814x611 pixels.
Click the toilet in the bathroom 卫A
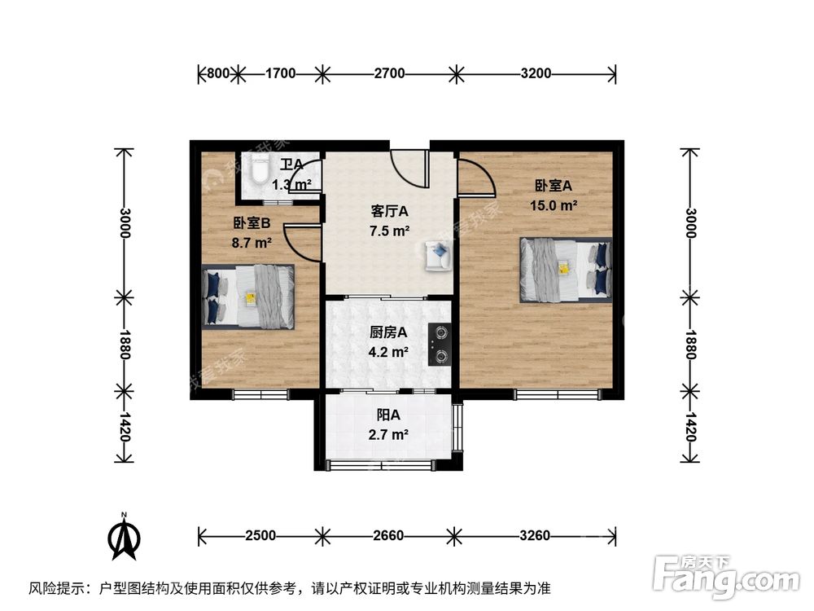(259, 172)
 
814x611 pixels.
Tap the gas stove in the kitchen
(440, 343)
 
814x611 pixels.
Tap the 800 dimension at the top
(217, 74)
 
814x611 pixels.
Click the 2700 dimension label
(389, 74)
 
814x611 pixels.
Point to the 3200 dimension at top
(536, 74)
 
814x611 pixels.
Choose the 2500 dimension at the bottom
(260, 536)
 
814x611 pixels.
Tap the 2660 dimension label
(389, 536)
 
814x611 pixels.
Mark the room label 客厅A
(389, 211)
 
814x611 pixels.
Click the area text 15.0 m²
(556, 205)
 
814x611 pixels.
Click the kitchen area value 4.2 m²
(388, 352)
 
